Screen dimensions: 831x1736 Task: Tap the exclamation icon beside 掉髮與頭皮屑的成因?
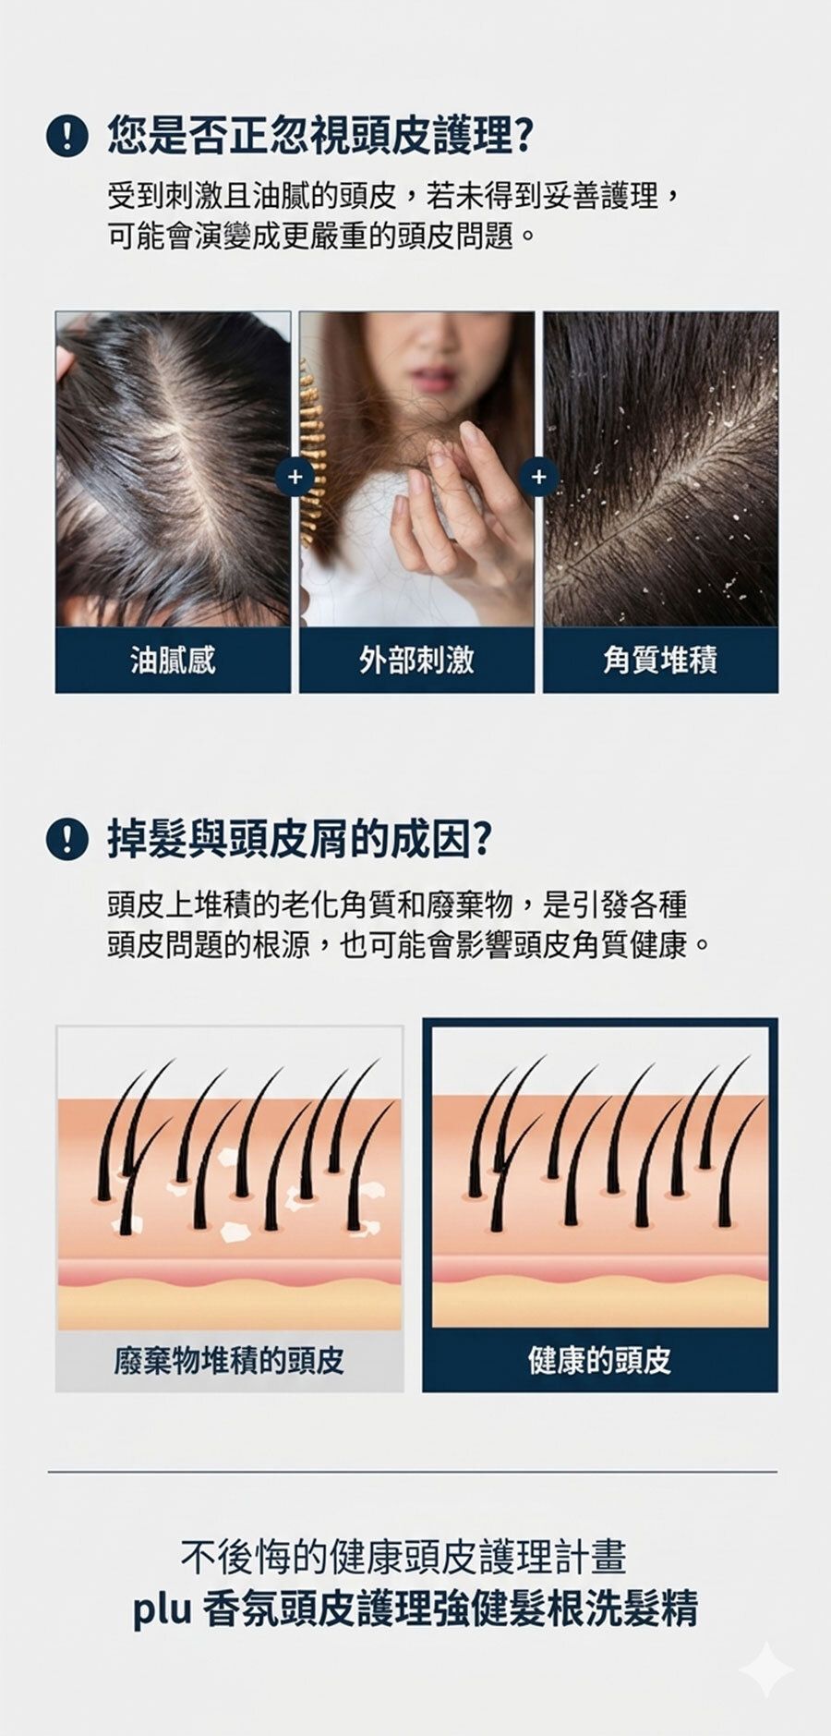click(66, 839)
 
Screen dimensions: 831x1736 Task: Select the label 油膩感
click(173, 660)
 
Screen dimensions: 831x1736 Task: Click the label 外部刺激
click(416, 660)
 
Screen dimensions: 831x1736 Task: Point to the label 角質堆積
click(660, 660)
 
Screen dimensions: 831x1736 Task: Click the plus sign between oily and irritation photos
click(295, 477)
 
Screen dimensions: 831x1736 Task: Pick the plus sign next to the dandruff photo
click(539, 477)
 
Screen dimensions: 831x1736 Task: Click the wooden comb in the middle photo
click(316, 471)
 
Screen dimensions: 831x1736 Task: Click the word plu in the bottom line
click(162, 1609)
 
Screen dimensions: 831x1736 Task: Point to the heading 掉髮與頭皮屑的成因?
click(299, 839)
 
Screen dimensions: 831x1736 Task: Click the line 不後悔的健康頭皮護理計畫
click(403, 1557)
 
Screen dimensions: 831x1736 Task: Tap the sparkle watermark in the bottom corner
click(766, 1670)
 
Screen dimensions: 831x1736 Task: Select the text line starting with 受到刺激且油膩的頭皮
click(395, 196)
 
